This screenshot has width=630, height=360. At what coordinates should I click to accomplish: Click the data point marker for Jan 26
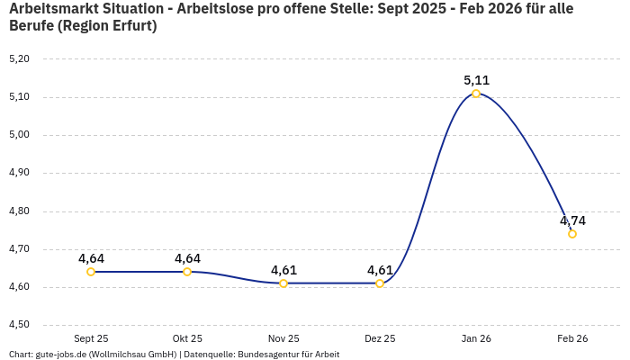pyautogui.click(x=476, y=94)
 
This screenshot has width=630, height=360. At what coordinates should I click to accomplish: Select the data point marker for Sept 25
pyautogui.click(x=91, y=272)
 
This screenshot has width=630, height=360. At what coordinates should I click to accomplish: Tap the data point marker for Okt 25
pyautogui.click(x=187, y=272)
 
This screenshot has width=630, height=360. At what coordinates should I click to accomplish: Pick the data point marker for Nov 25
pyautogui.click(x=283, y=283)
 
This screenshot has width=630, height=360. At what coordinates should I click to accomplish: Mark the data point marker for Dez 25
pyautogui.click(x=380, y=283)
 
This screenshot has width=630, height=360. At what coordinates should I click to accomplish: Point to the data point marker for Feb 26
pyautogui.click(x=572, y=234)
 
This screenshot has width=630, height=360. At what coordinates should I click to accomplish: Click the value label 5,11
pyautogui.click(x=476, y=80)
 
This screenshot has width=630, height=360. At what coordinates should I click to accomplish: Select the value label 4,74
pyautogui.click(x=572, y=220)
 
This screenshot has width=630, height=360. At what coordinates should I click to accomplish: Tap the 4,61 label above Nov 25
pyautogui.click(x=283, y=270)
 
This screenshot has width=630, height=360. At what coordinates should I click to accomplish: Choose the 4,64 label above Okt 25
pyautogui.click(x=187, y=258)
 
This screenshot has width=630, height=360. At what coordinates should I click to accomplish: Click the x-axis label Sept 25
pyautogui.click(x=91, y=338)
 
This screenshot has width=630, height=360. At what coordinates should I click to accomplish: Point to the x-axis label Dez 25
pyautogui.click(x=380, y=338)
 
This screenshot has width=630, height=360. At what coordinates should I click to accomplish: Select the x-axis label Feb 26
pyautogui.click(x=572, y=338)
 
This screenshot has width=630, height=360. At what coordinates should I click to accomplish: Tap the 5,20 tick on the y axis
pyautogui.click(x=19, y=58)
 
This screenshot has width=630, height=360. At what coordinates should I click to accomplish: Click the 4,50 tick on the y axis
pyautogui.click(x=19, y=325)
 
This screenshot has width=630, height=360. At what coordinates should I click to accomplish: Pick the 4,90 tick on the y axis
pyautogui.click(x=19, y=173)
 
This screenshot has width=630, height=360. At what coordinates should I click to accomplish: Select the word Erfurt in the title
pyautogui.click(x=130, y=26)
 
